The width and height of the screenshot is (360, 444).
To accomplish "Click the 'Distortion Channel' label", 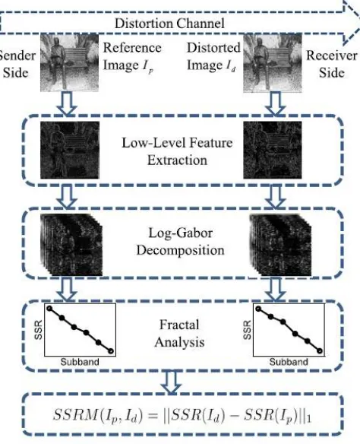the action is tap(169, 24).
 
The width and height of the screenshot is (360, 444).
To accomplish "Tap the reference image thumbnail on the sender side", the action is tap(70, 62).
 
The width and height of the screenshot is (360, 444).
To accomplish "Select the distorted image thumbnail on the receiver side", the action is tap(273, 63).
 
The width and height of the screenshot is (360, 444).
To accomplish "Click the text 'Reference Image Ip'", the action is tap(132, 56).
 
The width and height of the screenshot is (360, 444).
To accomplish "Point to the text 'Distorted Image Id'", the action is tap(213, 56).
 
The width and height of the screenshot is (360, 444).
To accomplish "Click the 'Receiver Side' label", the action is tap(331, 64).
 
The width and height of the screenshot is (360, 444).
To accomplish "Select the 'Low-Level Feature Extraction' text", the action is tap(177, 151).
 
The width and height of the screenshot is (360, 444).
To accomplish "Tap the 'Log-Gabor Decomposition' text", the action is tap(181, 242).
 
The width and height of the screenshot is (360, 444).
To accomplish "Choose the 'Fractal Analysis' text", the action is tap(179, 333).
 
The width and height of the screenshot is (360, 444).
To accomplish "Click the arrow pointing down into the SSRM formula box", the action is tap(171, 382).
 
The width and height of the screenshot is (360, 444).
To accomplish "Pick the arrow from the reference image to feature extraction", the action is tap(67, 103).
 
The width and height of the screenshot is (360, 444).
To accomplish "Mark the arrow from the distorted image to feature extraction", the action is tap(276, 104).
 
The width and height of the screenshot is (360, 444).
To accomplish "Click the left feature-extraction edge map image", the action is tap(70, 150).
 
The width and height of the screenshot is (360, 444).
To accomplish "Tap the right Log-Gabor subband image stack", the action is tap(280, 245).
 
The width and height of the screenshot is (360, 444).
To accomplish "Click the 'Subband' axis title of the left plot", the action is tap(80, 362).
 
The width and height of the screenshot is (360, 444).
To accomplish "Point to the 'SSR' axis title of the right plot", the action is tap(247, 330).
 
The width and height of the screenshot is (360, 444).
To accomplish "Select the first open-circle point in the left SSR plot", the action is tap(49, 309).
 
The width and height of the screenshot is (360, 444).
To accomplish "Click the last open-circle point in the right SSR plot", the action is tap(320, 351).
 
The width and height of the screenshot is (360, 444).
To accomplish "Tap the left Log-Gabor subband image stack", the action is tap(71, 245).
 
